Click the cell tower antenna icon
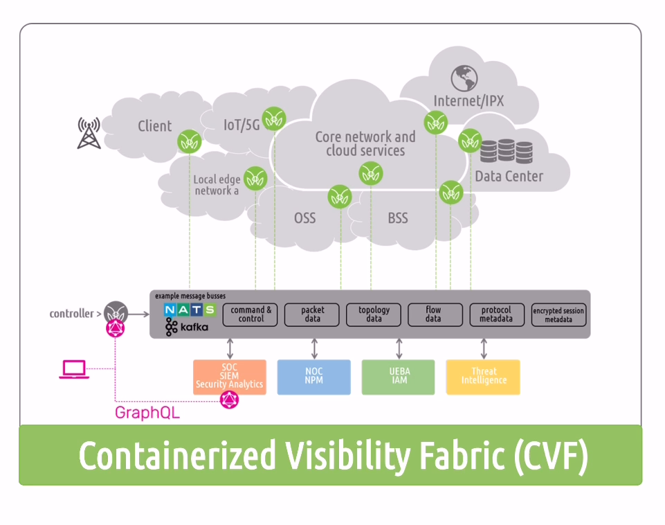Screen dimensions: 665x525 (x=89, y=133)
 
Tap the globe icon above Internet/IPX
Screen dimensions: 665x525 (x=464, y=78)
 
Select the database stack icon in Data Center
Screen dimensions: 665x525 (x=507, y=152)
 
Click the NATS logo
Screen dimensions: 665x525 (x=190, y=310)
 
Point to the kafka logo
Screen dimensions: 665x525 (x=187, y=327)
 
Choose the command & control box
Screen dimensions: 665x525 (x=250, y=314)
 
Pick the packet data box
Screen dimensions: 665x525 (x=312, y=314)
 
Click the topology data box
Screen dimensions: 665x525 (x=374, y=314)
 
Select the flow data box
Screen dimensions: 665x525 (x=435, y=314)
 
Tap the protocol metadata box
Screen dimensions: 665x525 (x=497, y=314)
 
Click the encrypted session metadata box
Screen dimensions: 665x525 (x=558, y=314)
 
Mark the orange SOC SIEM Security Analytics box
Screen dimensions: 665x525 (x=230, y=377)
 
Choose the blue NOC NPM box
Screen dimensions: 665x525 (x=314, y=377)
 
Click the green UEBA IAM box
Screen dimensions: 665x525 (x=398, y=377)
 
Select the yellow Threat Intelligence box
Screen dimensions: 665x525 (x=483, y=377)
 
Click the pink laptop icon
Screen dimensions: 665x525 (x=74, y=369)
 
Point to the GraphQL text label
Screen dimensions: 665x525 (x=147, y=413)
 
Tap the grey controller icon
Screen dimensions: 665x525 (x=116, y=313)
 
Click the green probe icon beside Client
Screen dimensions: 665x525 (x=189, y=142)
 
